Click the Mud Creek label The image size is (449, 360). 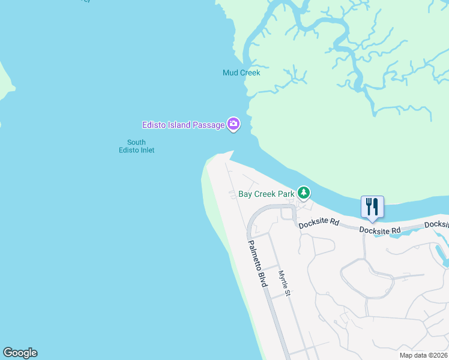[x=241, y=73]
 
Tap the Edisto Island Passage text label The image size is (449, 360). [x=183, y=125]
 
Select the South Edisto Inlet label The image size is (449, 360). [x=136, y=146]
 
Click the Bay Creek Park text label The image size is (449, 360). [x=266, y=194]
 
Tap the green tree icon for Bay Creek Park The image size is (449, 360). [x=304, y=193]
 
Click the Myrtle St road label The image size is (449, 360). [x=284, y=283]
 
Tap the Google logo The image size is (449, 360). [x=20, y=353]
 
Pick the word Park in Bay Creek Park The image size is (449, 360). [x=286, y=194]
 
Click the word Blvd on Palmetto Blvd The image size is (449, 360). [x=262, y=279]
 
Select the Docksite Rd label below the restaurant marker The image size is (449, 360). [x=380, y=230]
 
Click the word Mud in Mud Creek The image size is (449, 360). [x=231, y=73]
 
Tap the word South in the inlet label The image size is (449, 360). [x=136, y=142]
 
